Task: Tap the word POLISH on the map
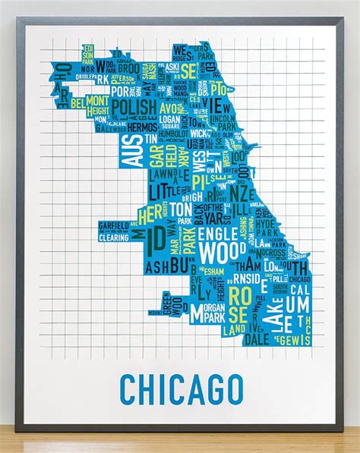tap(134, 105)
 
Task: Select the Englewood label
tap(218, 242)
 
